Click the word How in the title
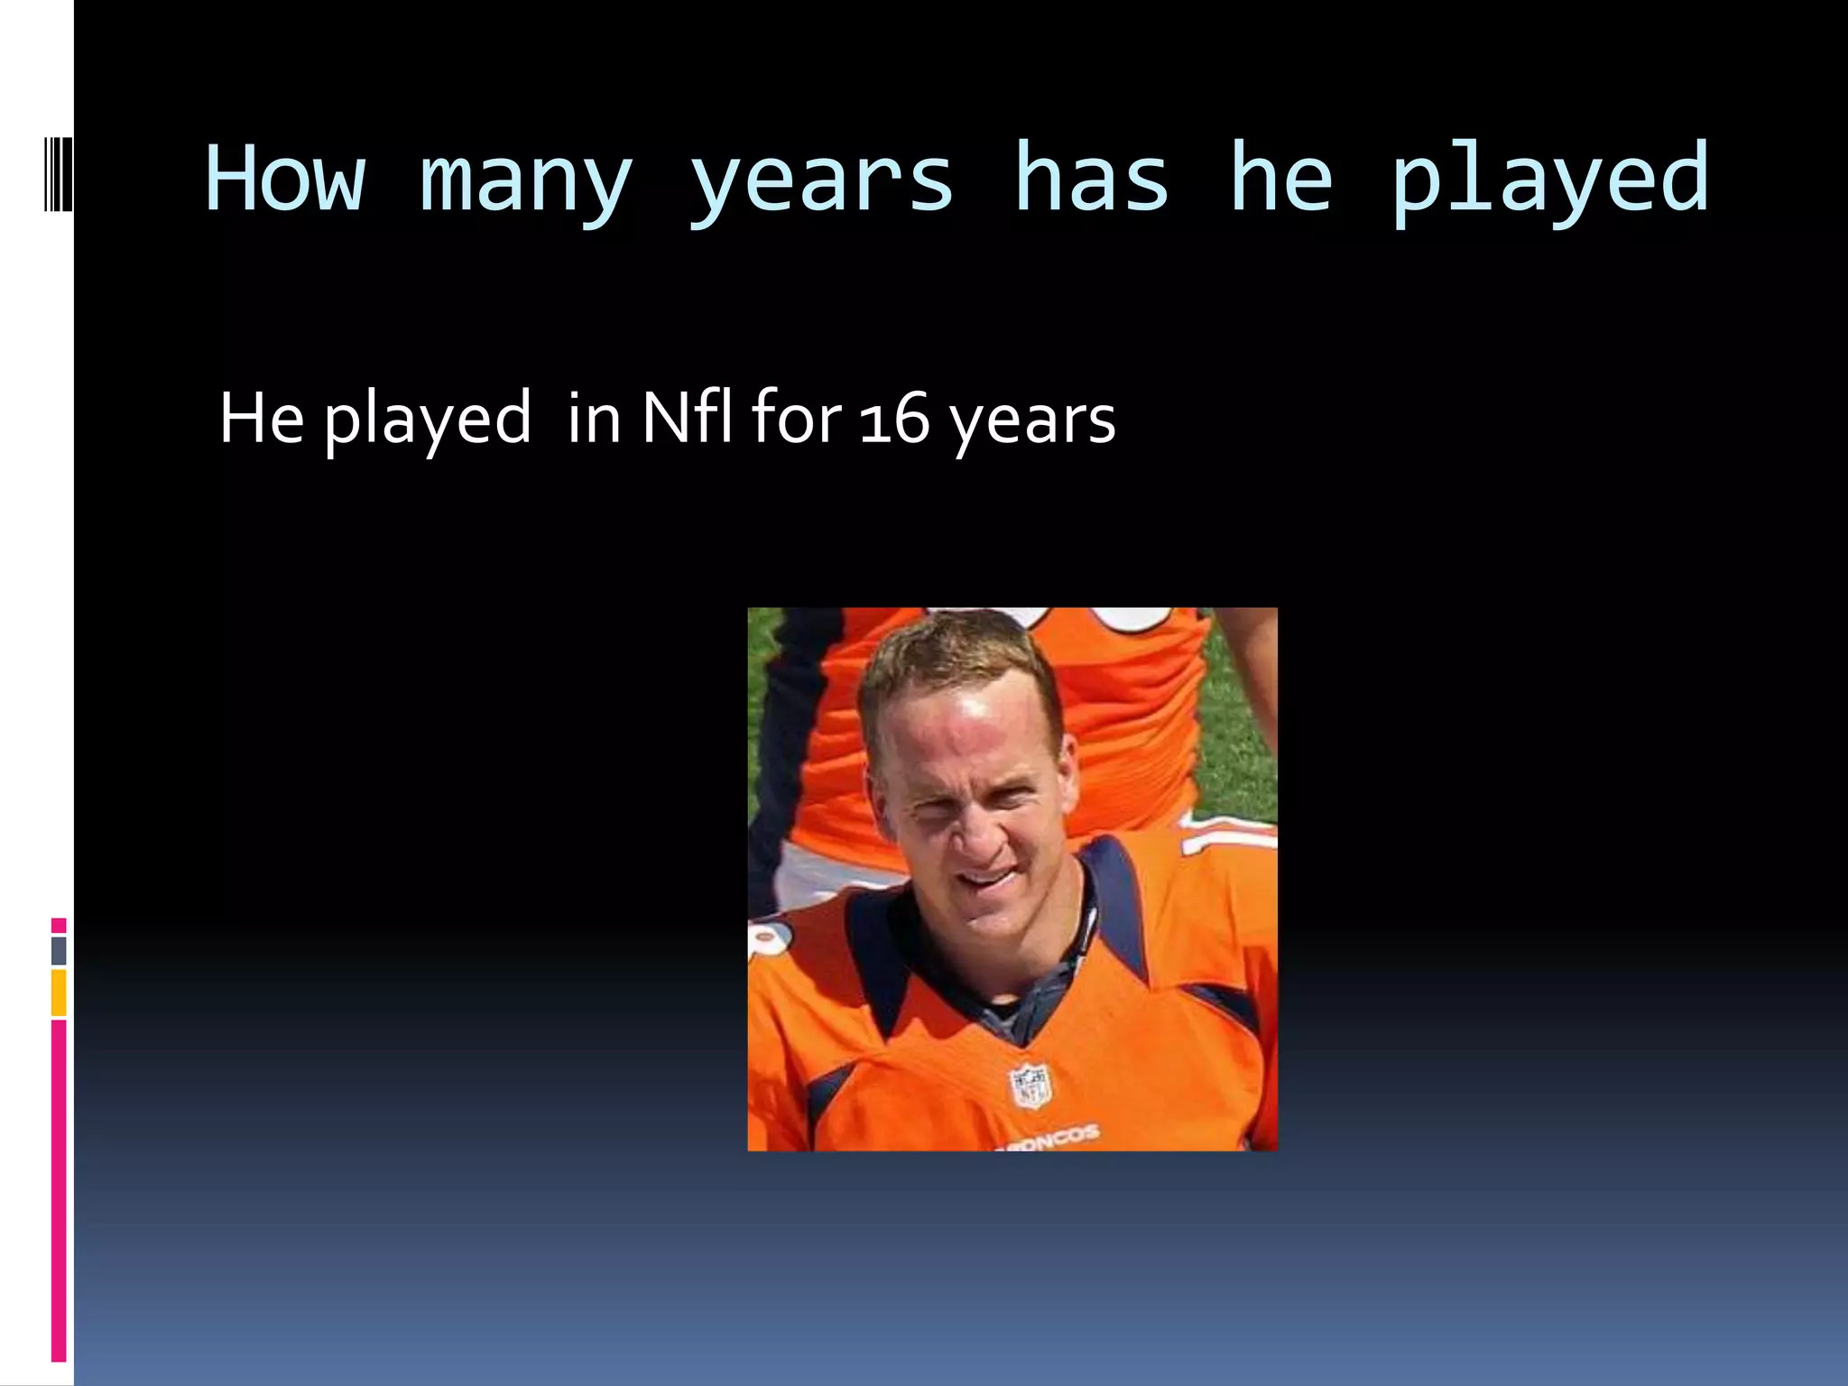[285, 179]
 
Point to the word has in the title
[1091, 179]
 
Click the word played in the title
[1548, 180]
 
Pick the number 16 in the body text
[894, 419]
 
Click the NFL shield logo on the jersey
[1030, 1086]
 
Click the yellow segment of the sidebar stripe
[59, 993]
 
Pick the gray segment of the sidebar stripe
[59, 950]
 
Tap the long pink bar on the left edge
[59, 1191]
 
